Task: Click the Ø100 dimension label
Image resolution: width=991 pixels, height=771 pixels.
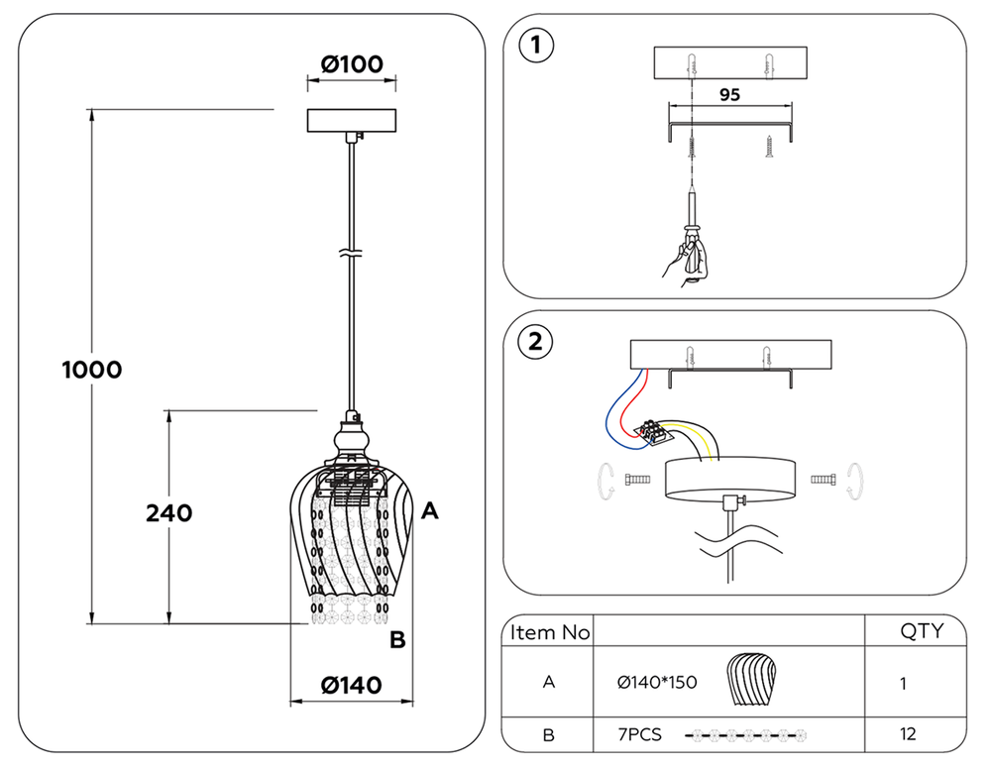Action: coord(351,64)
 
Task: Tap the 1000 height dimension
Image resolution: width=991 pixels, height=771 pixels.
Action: coord(91,370)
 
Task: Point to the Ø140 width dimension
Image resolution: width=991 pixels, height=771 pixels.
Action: coord(351,685)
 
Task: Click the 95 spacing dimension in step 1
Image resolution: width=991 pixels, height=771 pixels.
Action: coord(729,95)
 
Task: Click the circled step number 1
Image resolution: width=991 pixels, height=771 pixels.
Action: coord(536,46)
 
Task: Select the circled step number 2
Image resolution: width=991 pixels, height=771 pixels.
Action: coord(536,343)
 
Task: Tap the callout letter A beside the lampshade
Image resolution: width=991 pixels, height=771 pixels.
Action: coord(429,511)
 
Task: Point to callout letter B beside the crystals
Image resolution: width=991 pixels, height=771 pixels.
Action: coord(397,640)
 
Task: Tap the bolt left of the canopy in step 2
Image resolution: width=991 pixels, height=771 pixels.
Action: coord(636,480)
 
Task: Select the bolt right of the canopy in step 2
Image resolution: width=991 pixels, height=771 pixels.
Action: coord(824,480)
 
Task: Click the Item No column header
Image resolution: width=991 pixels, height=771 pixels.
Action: coord(550,631)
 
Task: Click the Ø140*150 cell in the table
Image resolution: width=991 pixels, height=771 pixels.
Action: coord(656,682)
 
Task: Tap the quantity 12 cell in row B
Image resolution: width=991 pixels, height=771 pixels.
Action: coord(908,734)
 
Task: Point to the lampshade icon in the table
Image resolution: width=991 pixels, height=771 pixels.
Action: coord(750,680)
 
